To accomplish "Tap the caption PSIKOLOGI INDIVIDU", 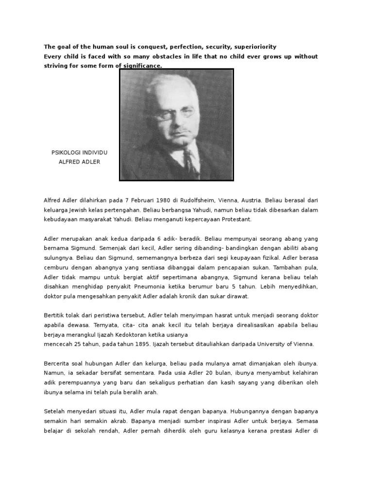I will coord(79,152).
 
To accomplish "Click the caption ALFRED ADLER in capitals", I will coord(79,162).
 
